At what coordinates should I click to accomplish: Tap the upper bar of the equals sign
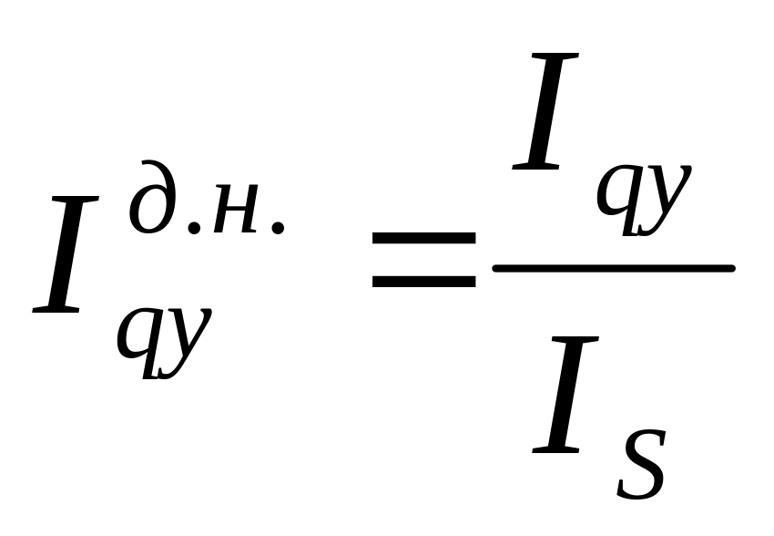(423, 239)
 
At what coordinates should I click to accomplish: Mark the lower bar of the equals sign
(423, 280)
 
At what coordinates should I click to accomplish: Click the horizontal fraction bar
(612, 268)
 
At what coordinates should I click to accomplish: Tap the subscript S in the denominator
(642, 467)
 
